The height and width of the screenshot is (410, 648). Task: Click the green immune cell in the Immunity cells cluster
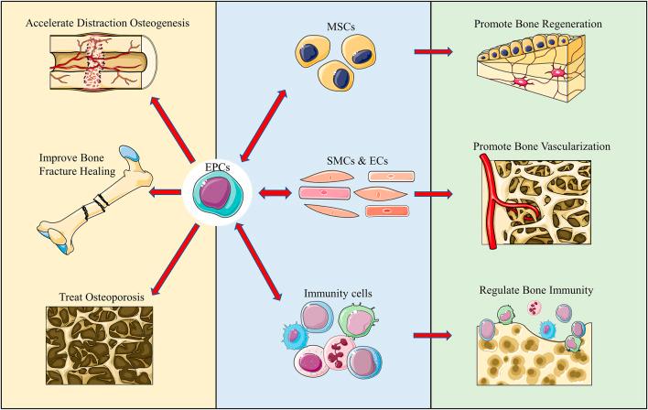tap(364, 321)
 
